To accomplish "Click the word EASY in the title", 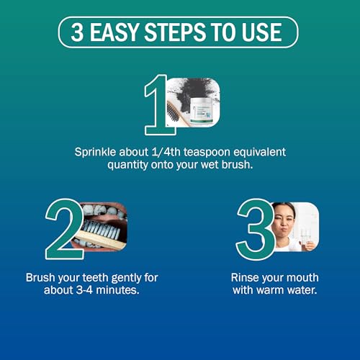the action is coord(114,32).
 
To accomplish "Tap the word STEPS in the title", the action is coord(175,32).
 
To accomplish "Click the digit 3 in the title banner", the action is coord(77,32).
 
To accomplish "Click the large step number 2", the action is coord(64,229).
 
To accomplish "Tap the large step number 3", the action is coord(255,229).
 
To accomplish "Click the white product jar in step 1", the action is coord(201,111).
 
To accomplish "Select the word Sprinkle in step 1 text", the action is coord(95,153).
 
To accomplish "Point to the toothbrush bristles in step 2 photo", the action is coord(101,230).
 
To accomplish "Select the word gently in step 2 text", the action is coord(126,279).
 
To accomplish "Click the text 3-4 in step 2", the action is coord(84,290).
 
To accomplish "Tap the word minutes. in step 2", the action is coord(117,290).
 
